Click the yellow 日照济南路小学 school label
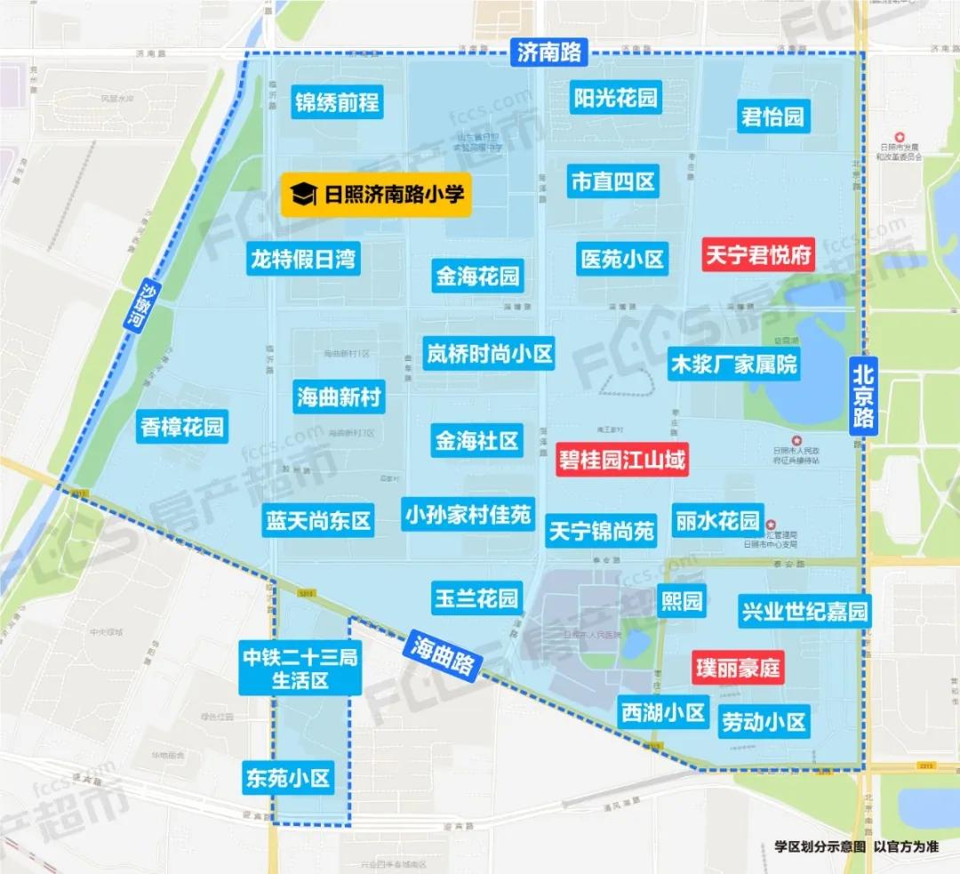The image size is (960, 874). click(x=376, y=192)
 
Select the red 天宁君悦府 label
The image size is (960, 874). click(x=758, y=256)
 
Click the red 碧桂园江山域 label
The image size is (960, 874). click(x=622, y=461)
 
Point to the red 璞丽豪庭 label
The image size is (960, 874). click(x=737, y=666)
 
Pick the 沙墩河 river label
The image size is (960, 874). click(x=133, y=304)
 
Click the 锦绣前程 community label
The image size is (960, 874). click(x=337, y=101)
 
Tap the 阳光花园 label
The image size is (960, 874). click(x=615, y=97)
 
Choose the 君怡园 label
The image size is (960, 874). click(x=772, y=116)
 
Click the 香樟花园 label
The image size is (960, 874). click(x=182, y=428)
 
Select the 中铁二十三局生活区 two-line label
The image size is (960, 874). click(x=300, y=670)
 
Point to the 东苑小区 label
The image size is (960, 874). click(x=287, y=779)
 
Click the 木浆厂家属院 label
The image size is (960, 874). click(x=733, y=363)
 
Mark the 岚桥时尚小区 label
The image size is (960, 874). click(x=488, y=353)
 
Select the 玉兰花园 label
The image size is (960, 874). click(x=476, y=597)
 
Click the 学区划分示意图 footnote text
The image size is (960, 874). click(x=819, y=847)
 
